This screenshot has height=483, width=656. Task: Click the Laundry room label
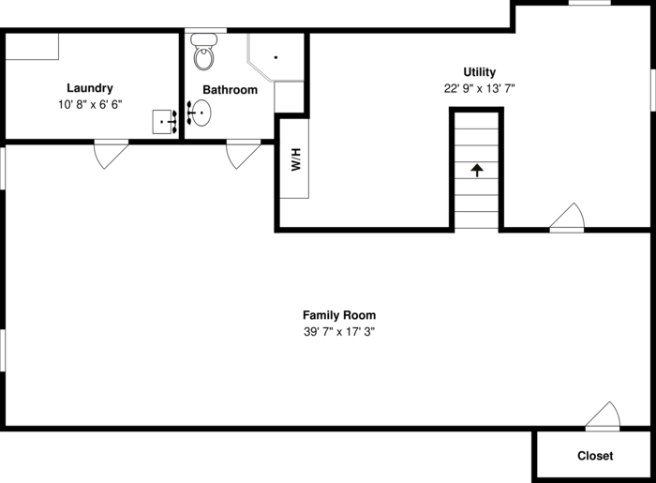(x=90, y=88)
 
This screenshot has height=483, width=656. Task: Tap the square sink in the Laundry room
(x=165, y=122)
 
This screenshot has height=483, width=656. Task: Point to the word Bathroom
(x=231, y=90)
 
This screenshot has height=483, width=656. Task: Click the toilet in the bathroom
(x=203, y=54)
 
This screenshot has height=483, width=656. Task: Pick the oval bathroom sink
(x=200, y=113)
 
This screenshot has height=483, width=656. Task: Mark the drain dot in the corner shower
(x=276, y=57)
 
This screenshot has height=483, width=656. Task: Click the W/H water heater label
(x=295, y=160)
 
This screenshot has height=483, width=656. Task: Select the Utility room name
(x=480, y=72)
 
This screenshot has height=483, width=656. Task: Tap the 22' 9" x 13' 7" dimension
(x=480, y=89)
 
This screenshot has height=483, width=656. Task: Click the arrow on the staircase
(x=477, y=170)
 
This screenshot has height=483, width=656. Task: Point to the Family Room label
(x=339, y=315)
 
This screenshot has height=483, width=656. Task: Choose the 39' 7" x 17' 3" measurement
(x=339, y=332)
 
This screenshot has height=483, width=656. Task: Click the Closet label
(x=595, y=456)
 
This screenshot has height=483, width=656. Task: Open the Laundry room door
(x=110, y=153)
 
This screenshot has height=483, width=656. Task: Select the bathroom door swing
(x=242, y=153)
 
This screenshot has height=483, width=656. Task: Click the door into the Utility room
(x=568, y=218)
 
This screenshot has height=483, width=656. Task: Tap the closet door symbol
(x=603, y=417)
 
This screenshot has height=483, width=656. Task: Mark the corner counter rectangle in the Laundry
(x=32, y=46)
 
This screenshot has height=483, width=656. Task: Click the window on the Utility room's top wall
(x=590, y=3)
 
